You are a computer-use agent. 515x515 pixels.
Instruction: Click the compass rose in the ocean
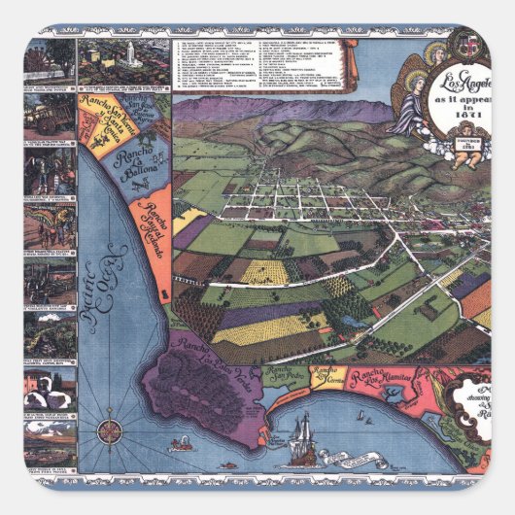point(111,429)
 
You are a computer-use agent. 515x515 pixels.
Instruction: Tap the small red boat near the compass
point(181,446)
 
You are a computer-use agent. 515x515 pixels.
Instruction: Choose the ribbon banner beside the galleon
point(264,440)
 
